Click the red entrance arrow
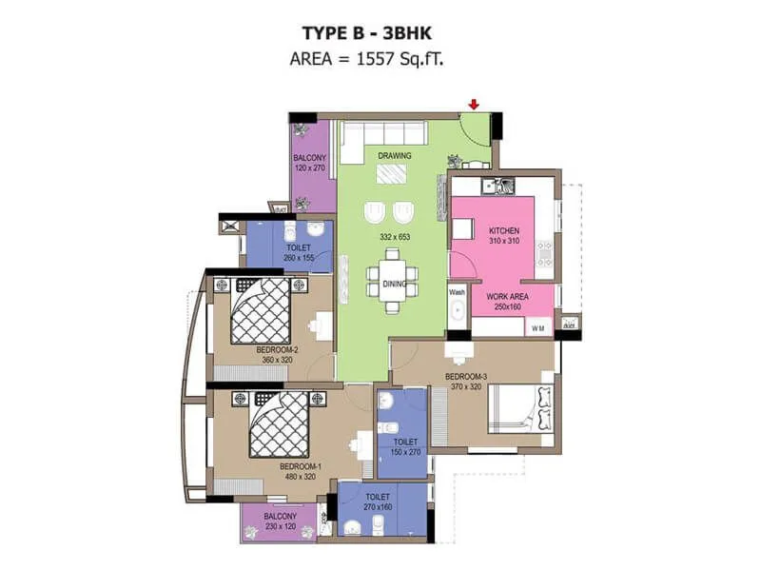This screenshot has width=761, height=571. coord(474,104)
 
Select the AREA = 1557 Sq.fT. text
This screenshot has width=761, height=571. coord(380,59)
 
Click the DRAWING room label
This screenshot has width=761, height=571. coord(394,155)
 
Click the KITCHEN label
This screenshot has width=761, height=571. coord(505,231)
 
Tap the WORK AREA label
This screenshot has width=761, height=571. coord(506,297)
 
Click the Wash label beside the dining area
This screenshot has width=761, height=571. coord(457,293)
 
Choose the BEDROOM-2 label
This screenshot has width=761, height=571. coord(278,349)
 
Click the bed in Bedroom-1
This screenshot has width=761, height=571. coord(279,423)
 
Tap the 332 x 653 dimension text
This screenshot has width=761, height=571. coord(393,236)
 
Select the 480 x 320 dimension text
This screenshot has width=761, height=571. coord(298,477)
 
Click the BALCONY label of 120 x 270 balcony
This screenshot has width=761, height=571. coord(310,157)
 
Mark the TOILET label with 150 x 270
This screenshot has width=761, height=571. coord(405,442)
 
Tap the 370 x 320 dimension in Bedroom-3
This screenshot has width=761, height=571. coord(466,386)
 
